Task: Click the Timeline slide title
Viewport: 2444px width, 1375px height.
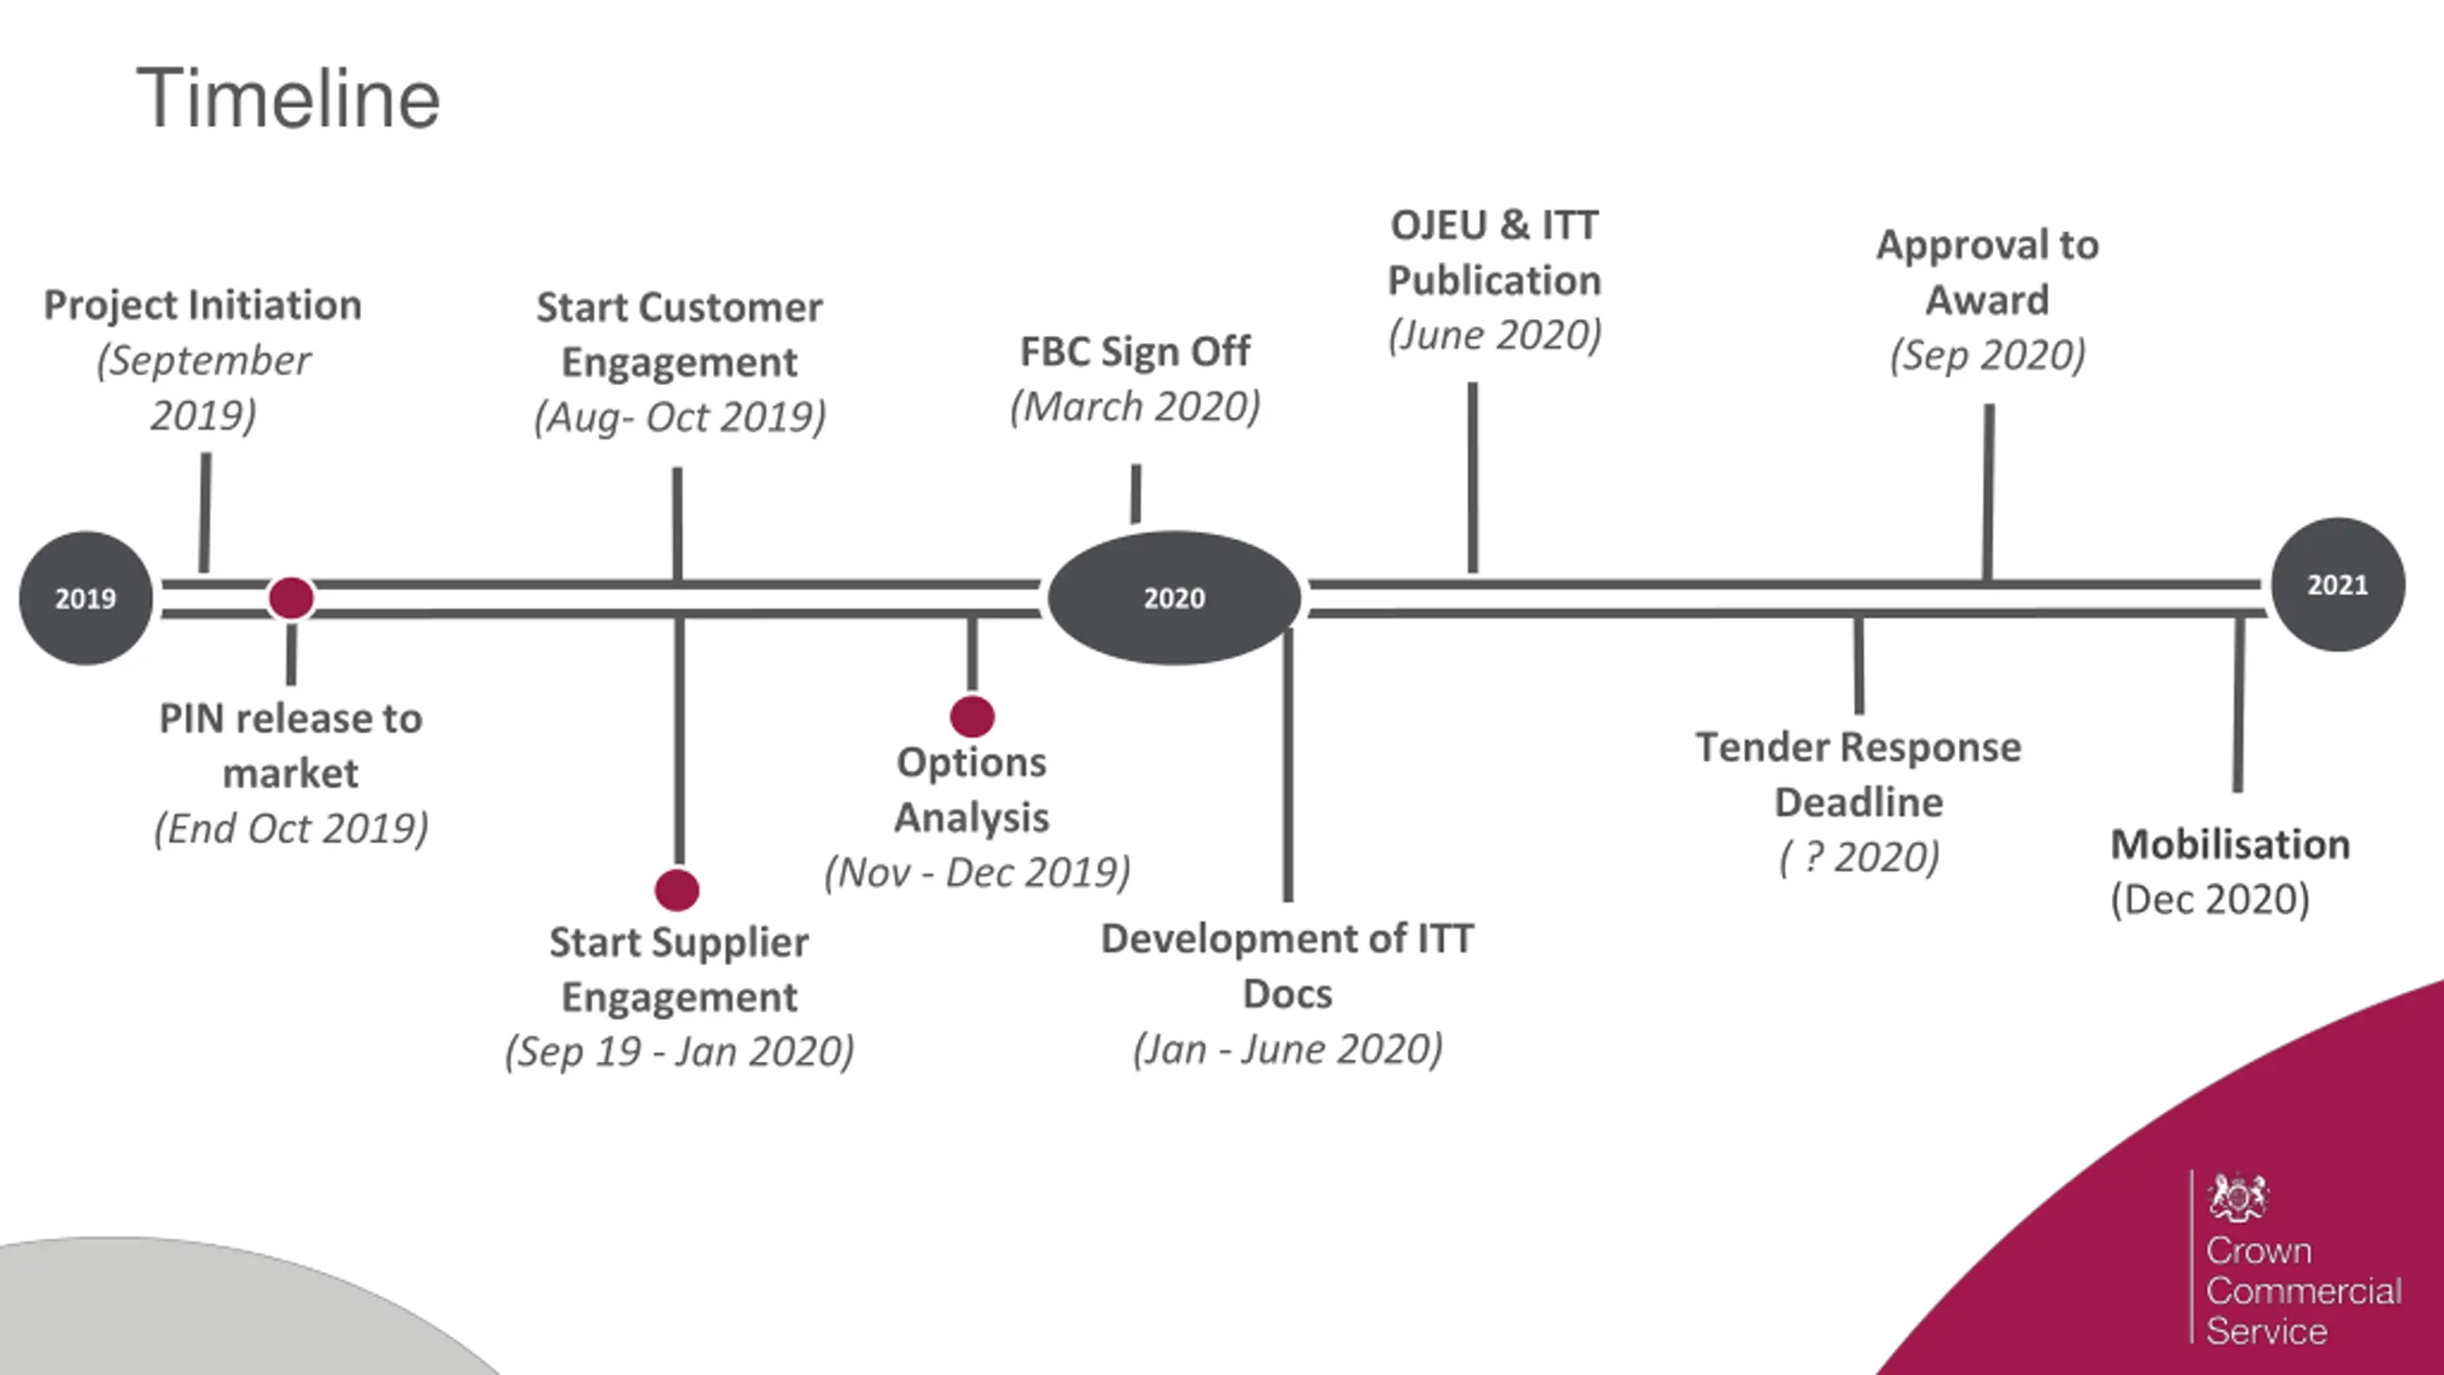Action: coord(288,98)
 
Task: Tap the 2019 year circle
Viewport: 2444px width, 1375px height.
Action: coord(86,598)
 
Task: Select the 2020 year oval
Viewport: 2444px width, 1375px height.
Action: coord(1174,598)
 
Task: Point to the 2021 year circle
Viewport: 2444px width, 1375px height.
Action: coord(2338,584)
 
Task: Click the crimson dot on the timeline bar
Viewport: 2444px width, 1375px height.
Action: coord(291,598)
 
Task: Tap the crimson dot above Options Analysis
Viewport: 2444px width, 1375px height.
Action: coord(972,716)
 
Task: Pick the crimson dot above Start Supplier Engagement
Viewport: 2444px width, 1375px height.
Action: coord(677,890)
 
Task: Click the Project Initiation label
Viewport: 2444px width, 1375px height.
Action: coord(202,306)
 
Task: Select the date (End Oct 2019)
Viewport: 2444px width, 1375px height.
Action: coord(291,828)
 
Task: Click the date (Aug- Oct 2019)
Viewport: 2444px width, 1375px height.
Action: coord(680,417)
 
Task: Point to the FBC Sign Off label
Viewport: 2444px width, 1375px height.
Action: coord(1135,351)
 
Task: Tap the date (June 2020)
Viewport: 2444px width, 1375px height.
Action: coord(1494,335)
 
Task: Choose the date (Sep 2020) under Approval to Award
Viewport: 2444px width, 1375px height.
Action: coord(1988,355)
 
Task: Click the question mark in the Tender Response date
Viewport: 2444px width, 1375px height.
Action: coord(1814,857)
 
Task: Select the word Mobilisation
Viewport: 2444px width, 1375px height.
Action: coord(2230,844)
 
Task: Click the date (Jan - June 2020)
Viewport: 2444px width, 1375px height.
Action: coord(1288,1049)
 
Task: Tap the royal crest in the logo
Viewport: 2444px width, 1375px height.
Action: coord(2238,1196)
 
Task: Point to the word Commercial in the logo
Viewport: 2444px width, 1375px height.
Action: coord(2304,1291)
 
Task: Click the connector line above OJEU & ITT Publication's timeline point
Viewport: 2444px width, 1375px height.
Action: coord(1473,477)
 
